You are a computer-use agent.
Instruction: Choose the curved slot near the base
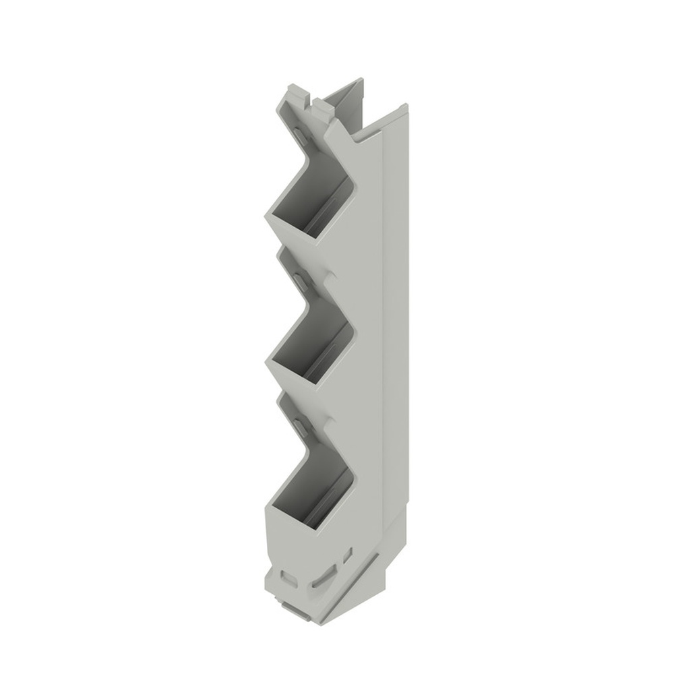[x=324, y=576]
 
